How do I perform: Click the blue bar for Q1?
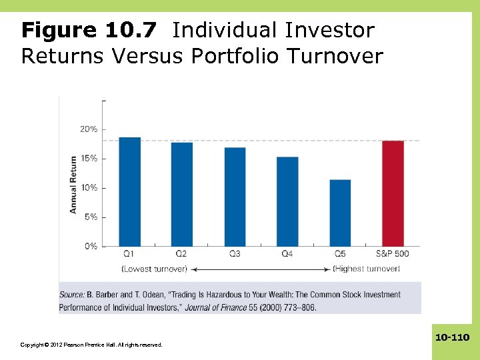point(129,191)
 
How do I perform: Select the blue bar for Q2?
point(181,194)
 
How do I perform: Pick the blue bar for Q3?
point(235,197)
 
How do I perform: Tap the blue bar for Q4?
point(287,201)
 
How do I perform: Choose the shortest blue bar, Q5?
point(340,213)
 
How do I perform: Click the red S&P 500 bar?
point(393,193)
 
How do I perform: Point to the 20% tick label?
point(89,129)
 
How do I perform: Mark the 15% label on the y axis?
point(89,159)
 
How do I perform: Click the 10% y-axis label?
point(89,188)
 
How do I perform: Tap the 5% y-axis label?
point(91,217)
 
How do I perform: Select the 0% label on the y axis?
point(91,246)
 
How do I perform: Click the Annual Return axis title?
point(73,185)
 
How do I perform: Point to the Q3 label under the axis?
point(235,254)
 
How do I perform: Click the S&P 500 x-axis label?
point(393,254)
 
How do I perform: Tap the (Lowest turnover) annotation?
point(155,269)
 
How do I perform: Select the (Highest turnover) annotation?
point(366,269)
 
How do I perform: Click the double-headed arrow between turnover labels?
point(260,269)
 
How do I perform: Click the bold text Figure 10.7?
point(89,30)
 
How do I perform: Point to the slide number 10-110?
point(453,337)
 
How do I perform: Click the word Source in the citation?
point(71,295)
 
